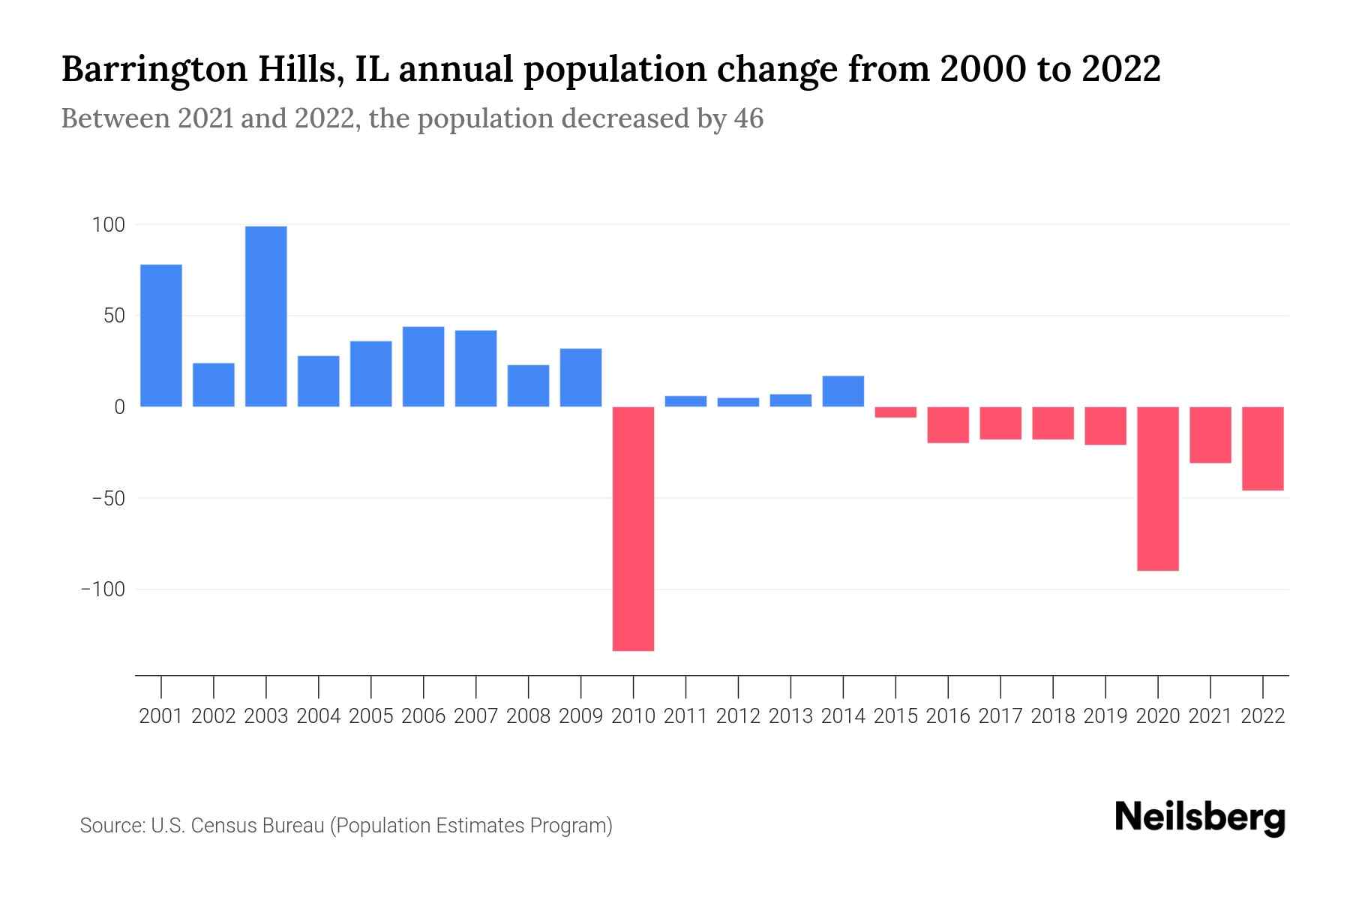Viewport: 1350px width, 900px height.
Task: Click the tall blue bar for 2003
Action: (x=266, y=316)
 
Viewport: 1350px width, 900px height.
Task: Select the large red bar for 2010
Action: (x=633, y=529)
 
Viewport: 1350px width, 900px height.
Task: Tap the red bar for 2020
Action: (x=1158, y=488)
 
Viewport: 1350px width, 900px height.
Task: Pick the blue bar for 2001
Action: (x=161, y=335)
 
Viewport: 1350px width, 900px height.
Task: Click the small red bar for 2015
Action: (x=895, y=412)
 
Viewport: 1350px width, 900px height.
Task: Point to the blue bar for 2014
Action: (x=843, y=391)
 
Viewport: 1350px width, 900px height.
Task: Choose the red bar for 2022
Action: (x=1263, y=448)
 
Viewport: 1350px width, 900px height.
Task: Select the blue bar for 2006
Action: (x=423, y=367)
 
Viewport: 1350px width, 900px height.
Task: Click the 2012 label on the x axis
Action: (x=738, y=716)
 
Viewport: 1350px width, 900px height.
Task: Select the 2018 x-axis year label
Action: (x=1053, y=716)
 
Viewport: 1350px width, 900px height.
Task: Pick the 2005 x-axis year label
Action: (x=371, y=716)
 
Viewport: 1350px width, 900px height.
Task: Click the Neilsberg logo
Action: (x=1200, y=817)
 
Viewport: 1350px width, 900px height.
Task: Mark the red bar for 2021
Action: (x=1210, y=435)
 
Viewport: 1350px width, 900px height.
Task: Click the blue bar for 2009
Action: (x=580, y=377)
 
